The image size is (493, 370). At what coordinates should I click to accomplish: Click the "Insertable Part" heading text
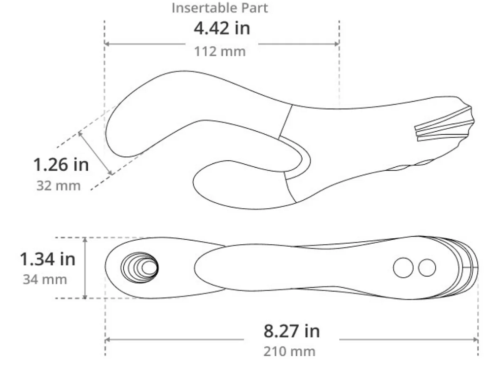(x=220, y=8)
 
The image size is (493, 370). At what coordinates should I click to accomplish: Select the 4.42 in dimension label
(x=222, y=28)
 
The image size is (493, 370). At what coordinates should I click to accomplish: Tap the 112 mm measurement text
(x=220, y=52)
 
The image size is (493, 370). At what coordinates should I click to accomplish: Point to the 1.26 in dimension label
(x=61, y=165)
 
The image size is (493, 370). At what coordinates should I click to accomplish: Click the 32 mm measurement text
(x=59, y=185)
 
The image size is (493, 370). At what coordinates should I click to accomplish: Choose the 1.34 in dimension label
(x=47, y=259)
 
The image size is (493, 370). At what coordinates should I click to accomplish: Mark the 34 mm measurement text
(x=45, y=279)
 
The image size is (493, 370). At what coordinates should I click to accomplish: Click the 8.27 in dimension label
(x=291, y=331)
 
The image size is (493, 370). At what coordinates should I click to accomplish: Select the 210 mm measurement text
(x=289, y=351)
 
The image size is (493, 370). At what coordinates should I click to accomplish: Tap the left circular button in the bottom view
(x=403, y=268)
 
